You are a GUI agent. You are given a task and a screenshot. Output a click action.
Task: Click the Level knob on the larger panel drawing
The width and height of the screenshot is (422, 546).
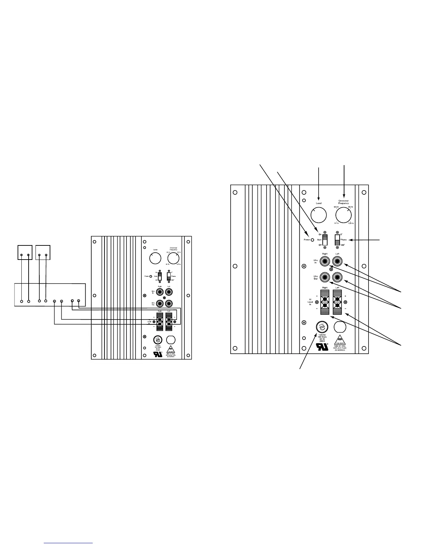(x=318, y=215)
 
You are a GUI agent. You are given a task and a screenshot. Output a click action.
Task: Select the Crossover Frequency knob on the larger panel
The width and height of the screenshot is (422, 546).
(x=343, y=216)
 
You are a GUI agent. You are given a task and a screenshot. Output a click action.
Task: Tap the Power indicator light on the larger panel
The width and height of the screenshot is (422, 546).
(x=312, y=240)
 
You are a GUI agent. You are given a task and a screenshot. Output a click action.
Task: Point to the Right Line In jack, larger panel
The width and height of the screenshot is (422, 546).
(x=325, y=261)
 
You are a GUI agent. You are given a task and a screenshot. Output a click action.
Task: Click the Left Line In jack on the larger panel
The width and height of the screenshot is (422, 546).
(x=337, y=261)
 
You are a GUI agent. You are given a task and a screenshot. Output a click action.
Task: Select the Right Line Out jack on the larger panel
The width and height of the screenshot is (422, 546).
(x=325, y=276)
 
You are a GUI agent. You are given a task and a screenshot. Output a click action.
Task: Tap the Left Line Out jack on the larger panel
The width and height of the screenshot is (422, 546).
(x=337, y=276)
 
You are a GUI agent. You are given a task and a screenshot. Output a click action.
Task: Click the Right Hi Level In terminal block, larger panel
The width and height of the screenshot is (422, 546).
(x=325, y=302)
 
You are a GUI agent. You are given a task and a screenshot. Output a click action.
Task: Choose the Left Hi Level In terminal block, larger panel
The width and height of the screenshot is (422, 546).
(x=337, y=302)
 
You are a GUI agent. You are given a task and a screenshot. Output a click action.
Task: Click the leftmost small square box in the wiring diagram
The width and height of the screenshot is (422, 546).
(x=25, y=252)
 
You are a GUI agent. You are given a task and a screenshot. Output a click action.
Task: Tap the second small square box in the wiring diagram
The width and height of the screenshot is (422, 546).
(x=43, y=252)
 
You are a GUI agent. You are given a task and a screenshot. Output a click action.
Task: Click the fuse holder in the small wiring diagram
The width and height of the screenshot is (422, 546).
(x=158, y=340)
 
